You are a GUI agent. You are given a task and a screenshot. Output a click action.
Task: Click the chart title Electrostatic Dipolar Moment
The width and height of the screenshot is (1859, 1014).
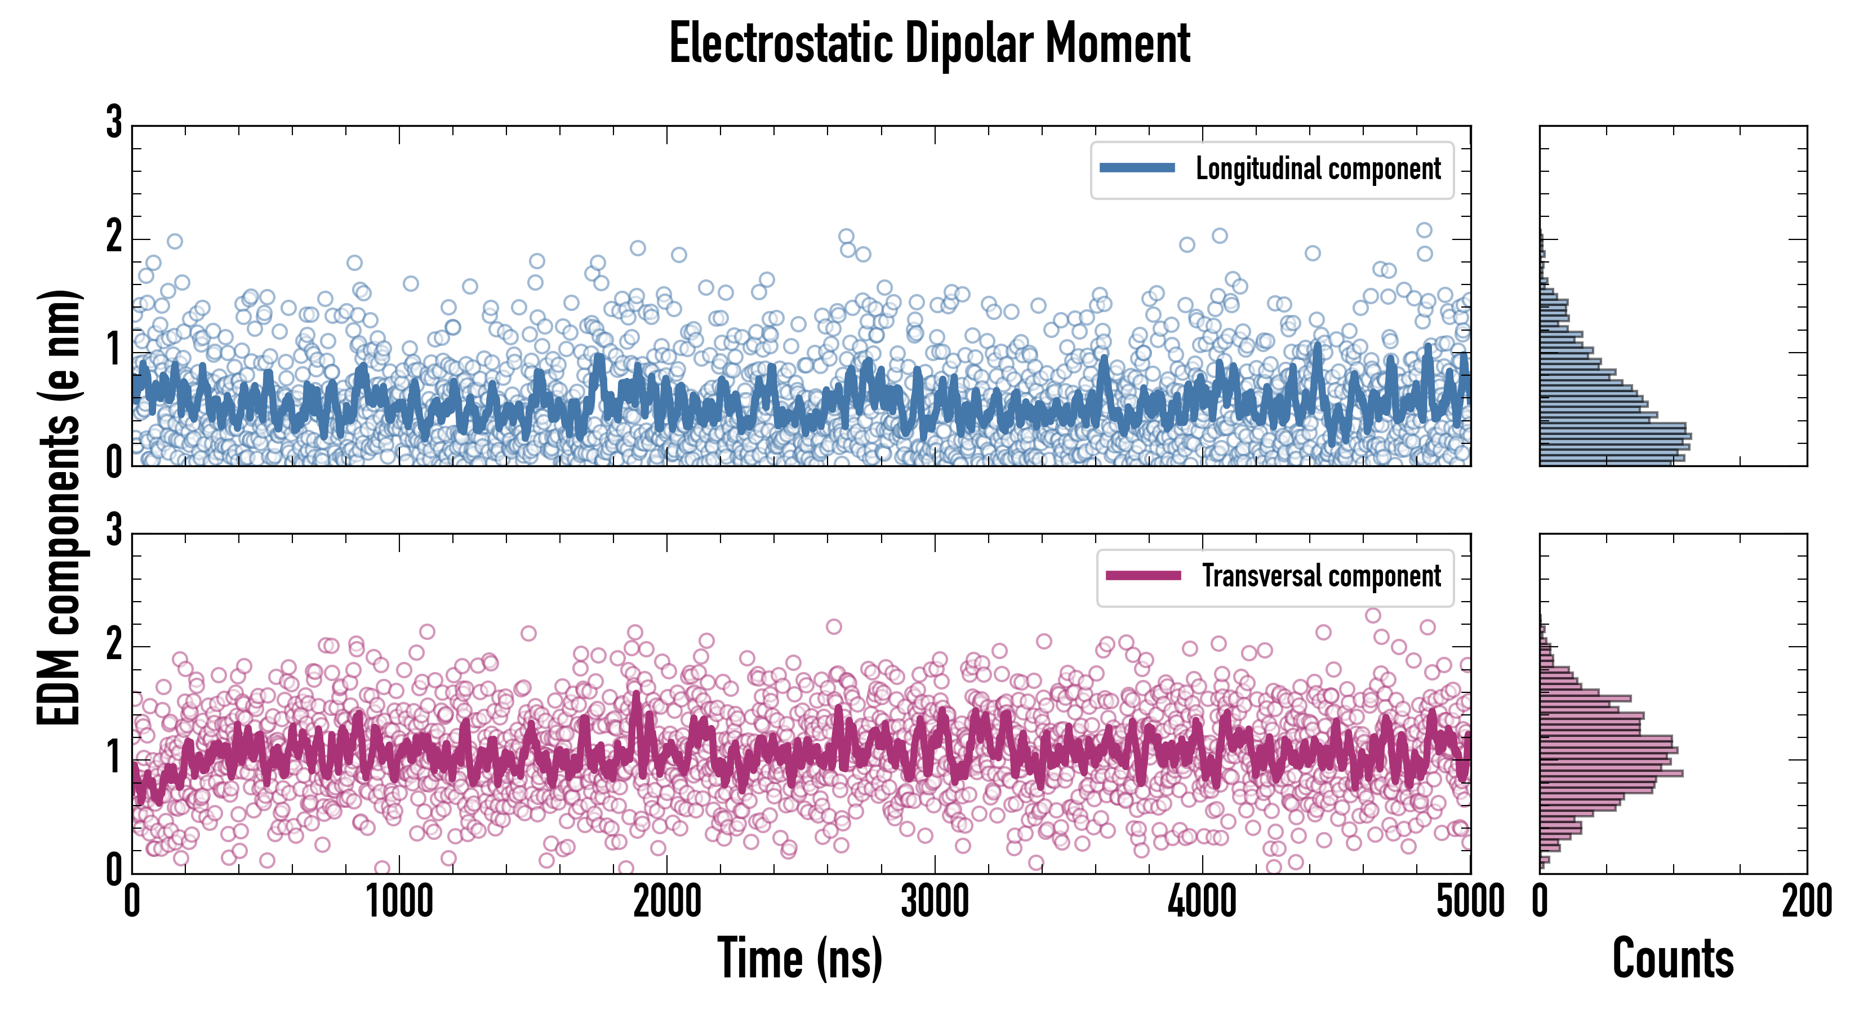coord(929,43)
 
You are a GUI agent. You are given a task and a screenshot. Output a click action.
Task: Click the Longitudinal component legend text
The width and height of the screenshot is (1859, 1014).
coord(1318,169)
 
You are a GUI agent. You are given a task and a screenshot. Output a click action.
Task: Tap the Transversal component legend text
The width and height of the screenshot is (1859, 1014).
coord(1322,576)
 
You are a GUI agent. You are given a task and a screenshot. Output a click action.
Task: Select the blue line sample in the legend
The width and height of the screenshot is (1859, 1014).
coord(1137,168)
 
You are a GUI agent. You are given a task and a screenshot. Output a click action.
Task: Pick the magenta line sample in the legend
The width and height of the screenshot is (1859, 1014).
coord(1143,575)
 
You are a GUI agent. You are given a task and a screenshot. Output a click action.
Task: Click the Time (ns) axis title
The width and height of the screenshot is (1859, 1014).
coord(799,958)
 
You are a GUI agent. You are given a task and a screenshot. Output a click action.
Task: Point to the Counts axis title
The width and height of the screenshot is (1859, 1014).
coord(1673,958)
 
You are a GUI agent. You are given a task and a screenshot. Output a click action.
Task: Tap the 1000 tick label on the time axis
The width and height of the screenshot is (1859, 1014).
coord(399,902)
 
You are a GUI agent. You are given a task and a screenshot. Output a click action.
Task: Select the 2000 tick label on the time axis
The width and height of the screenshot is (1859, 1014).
coord(667,902)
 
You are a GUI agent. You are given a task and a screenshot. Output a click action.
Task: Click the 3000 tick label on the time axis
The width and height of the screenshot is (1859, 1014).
coord(935,902)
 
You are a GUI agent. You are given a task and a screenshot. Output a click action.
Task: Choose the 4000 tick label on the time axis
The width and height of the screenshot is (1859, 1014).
coord(1202,902)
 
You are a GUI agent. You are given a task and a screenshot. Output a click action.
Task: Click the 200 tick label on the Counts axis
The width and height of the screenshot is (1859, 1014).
coord(1806,902)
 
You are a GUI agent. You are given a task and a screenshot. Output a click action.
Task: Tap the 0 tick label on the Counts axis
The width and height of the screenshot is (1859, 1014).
coord(1540,902)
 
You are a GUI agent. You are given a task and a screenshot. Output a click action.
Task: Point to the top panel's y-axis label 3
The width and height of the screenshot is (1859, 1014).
coord(114,123)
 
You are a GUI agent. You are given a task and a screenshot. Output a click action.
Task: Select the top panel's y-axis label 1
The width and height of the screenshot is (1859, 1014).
coord(114,351)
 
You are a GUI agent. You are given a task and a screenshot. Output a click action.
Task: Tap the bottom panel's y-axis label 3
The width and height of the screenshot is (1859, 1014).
coord(114,531)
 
